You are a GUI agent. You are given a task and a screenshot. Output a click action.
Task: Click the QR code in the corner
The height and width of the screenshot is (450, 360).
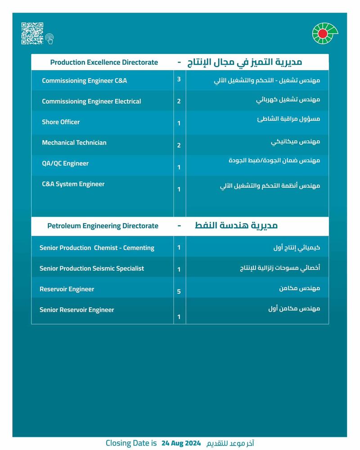32,33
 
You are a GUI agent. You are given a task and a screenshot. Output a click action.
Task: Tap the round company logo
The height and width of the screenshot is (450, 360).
325,34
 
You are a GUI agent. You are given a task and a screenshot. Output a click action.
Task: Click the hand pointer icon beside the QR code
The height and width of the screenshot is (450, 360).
49,39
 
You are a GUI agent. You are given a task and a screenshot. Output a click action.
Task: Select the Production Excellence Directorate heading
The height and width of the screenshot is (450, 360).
104,62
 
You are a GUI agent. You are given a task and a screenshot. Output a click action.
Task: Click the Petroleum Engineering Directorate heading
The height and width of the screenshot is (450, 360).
103,225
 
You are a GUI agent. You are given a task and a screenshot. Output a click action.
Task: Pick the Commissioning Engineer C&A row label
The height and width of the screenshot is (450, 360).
84,81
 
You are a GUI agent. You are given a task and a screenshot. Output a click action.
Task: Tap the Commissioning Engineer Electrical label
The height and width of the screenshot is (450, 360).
91,101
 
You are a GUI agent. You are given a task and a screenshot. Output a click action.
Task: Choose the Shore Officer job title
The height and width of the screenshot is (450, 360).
61,122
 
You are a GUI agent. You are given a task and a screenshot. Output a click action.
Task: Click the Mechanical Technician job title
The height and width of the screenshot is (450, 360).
74,143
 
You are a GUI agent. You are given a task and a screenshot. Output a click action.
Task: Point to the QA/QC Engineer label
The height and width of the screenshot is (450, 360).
65,163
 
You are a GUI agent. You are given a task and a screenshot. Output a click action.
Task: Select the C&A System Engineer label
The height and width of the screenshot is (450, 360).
73,184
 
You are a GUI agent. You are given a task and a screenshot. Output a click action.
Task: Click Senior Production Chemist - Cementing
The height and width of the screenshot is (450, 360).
97,247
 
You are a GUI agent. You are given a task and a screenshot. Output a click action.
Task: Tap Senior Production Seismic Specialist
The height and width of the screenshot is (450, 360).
92,268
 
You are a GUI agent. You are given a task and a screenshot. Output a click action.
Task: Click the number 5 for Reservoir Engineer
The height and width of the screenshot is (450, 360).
179,292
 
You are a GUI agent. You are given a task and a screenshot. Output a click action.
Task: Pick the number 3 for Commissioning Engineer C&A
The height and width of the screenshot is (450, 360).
179,79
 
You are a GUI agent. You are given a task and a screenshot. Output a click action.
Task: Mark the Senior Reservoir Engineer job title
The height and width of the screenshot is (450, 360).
76,310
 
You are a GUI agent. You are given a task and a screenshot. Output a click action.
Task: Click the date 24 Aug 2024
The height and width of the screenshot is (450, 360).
180,443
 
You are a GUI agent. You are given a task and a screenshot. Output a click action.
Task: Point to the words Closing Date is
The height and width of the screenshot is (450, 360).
131,443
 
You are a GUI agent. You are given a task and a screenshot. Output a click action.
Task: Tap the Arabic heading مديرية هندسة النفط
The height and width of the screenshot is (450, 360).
236,225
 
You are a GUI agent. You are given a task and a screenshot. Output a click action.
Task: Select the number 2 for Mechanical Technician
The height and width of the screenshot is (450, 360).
179,145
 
